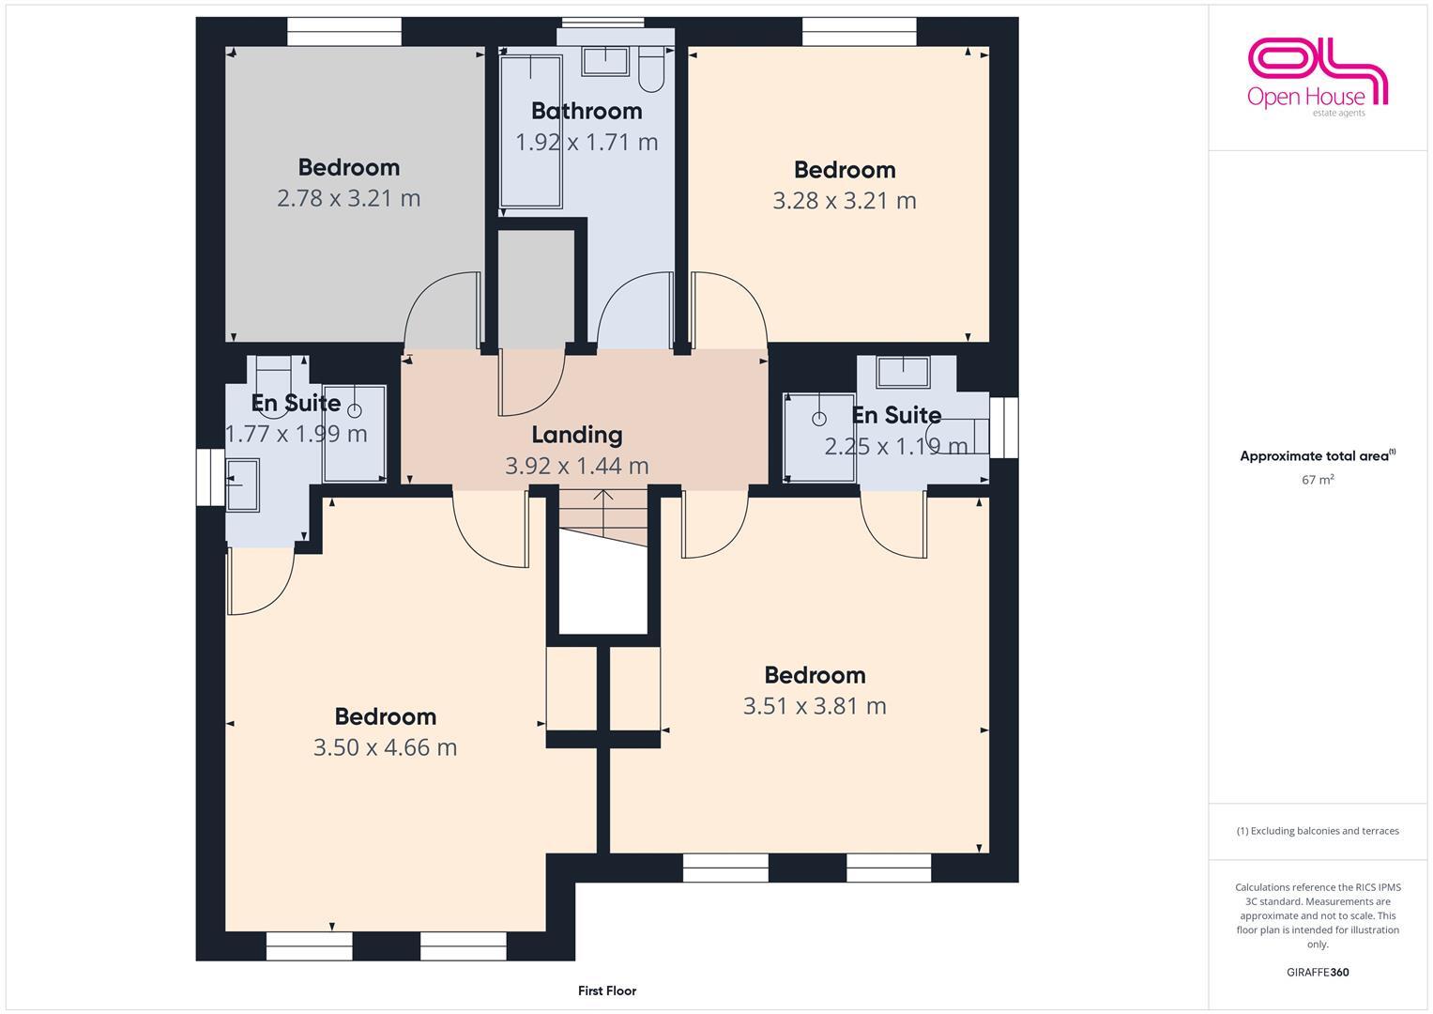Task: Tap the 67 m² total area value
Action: click(x=1318, y=480)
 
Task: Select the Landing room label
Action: click(x=576, y=435)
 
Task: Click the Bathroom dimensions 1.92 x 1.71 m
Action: click(x=587, y=143)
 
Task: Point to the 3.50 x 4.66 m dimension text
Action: click(x=385, y=747)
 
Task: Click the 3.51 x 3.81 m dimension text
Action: click(x=814, y=706)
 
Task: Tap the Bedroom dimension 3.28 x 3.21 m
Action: click(x=844, y=201)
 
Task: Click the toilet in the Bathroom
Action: click(x=650, y=62)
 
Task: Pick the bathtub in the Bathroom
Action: click(x=530, y=131)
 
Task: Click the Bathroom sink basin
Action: click(x=605, y=61)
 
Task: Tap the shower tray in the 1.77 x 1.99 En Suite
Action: click(x=354, y=432)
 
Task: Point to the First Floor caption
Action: click(x=607, y=991)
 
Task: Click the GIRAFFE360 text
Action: click(x=1318, y=972)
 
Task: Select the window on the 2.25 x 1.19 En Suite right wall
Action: click(x=1003, y=427)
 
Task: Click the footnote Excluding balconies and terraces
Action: click(x=1318, y=831)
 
